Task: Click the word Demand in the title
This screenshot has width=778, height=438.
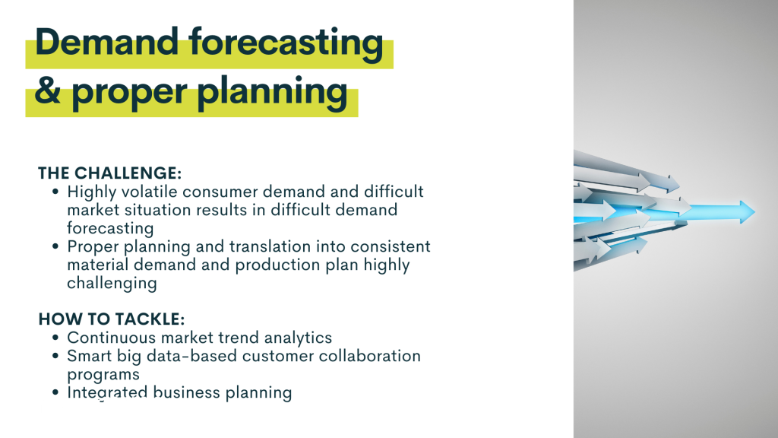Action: pyautogui.click(x=106, y=42)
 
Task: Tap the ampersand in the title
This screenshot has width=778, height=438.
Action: pyautogui.click(x=48, y=90)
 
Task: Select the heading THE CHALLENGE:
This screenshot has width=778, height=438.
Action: pyautogui.click(x=109, y=173)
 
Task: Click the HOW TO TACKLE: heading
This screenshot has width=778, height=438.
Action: pyautogui.click(x=111, y=319)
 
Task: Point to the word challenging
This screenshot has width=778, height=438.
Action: pyautogui.click(x=112, y=283)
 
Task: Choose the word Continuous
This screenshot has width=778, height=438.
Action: pyautogui.click(x=112, y=338)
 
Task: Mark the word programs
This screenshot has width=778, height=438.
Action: pyautogui.click(x=103, y=375)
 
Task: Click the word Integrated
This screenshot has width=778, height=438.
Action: pyautogui.click(x=108, y=393)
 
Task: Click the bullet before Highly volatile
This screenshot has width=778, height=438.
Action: pyautogui.click(x=55, y=192)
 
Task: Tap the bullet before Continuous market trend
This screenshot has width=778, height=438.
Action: pyautogui.click(x=55, y=338)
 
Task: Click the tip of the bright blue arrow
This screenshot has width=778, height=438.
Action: pyautogui.click(x=754, y=211)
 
